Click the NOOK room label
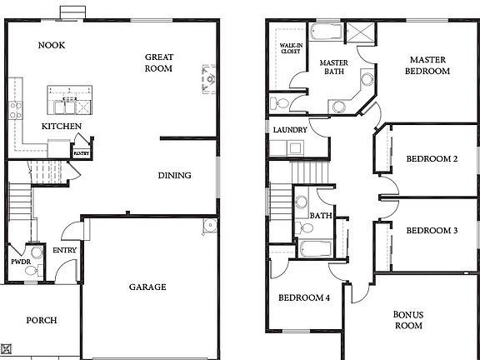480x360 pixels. click(52, 45)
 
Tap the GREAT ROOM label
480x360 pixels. click(159, 63)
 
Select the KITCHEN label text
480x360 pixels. click(62, 126)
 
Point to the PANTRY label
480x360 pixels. click(82, 153)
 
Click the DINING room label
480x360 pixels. click(175, 175)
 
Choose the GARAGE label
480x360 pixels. click(147, 287)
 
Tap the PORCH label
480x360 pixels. click(41, 320)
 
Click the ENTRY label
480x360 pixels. click(65, 250)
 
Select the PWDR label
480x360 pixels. click(20, 262)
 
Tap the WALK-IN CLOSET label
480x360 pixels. click(290, 50)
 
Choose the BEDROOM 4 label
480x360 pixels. click(304, 297)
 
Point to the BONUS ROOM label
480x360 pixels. click(408, 319)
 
